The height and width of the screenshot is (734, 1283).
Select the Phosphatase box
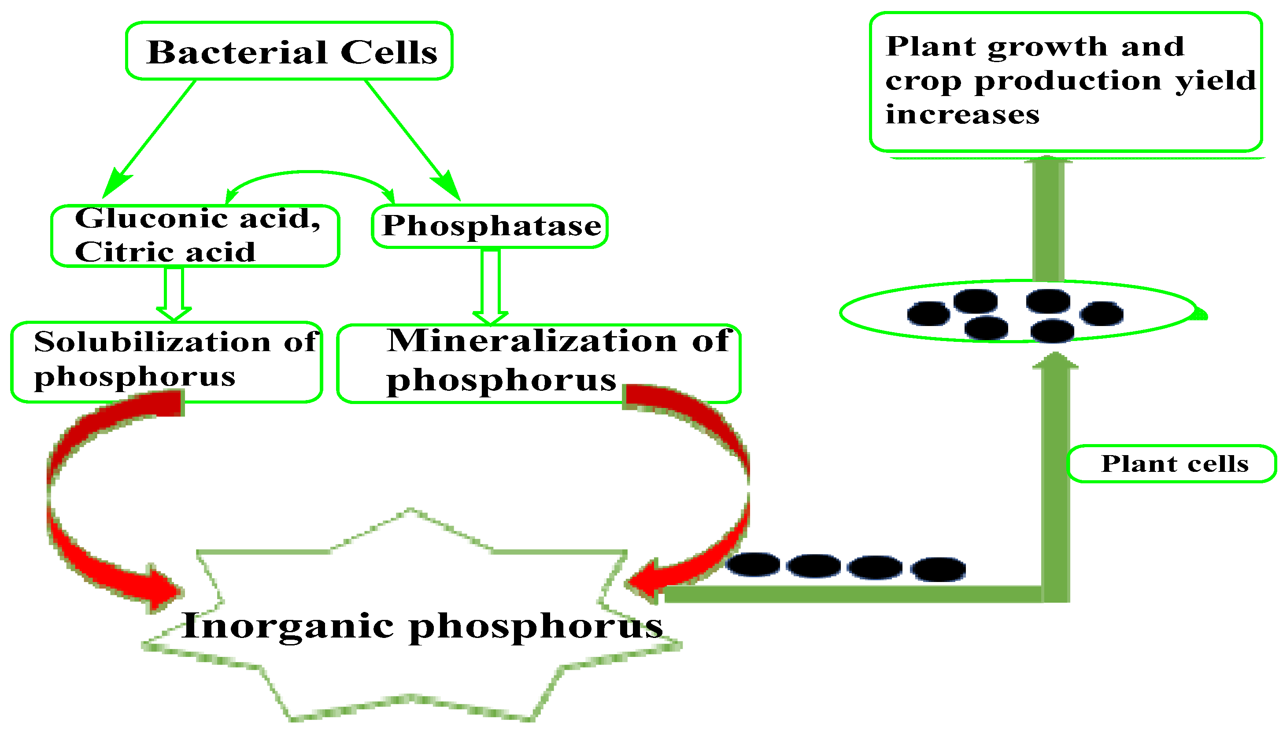[x=490, y=226]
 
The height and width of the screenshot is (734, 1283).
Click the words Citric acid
[x=164, y=252]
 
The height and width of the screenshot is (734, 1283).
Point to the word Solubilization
[x=152, y=342]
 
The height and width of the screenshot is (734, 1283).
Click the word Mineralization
[x=532, y=341]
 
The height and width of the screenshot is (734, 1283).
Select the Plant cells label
[x=1174, y=464]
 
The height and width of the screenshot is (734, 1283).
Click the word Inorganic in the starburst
[x=287, y=626]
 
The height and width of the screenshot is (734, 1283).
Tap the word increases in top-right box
[x=962, y=115]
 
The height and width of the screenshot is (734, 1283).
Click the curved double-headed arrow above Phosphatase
[x=310, y=173]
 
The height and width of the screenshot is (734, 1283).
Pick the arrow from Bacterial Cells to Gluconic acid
[x=151, y=136]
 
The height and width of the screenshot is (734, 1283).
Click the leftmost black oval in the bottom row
[x=752, y=564]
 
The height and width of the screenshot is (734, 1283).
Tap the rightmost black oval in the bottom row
[x=938, y=569]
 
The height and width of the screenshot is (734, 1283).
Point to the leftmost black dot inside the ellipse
[x=928, y=313]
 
